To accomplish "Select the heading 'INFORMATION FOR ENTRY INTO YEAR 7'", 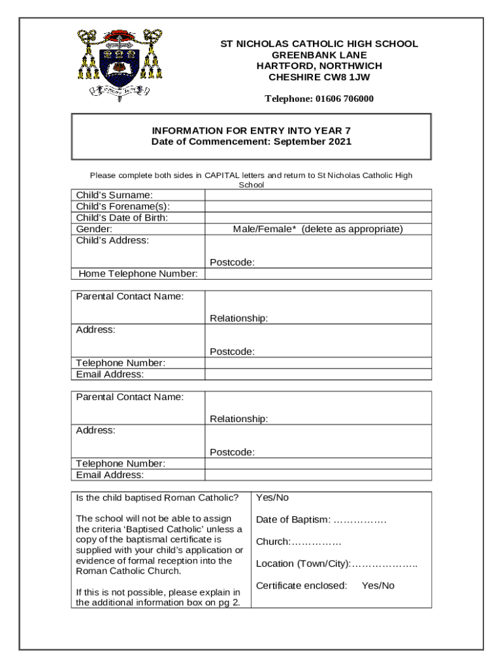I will [252, 130].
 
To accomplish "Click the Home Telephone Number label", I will [138, 273].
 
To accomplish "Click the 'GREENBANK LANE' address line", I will [319, 55].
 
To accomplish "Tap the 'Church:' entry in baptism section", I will [299, 542].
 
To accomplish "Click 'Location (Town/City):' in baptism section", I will [336, 564].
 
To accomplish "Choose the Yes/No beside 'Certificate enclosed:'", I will [378, 586].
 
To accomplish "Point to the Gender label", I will [94, 229].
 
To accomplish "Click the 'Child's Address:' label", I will [112, 240].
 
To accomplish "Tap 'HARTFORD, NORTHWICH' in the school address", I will [319, 66].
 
